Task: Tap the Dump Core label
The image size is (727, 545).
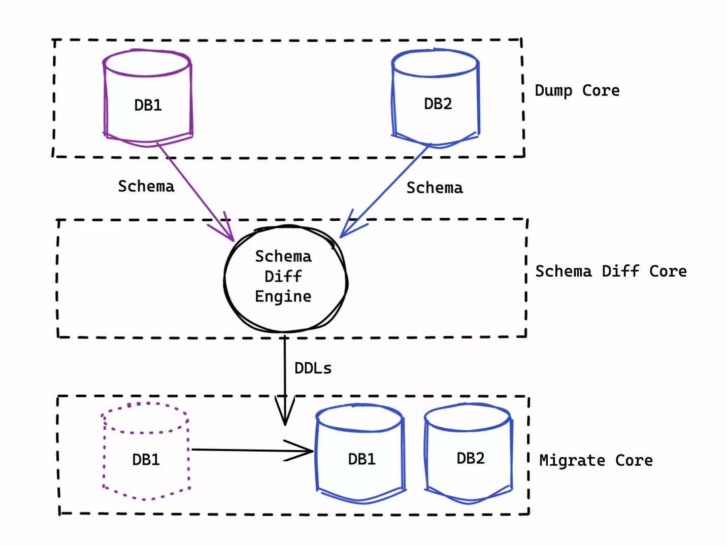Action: pyautogui.click(x=577, y=91)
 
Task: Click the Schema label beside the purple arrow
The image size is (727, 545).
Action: pyautogui.click(x=146, y=186)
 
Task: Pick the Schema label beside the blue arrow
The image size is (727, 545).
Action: pyautogui.click(x=435, y=188)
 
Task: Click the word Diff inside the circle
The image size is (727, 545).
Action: pyautogui.click(x=283, y=277)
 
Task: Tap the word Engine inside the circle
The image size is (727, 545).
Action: pyautogui.click(x=283, y=296)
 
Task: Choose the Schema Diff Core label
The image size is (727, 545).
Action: pyautogui.click(x=611, y=271)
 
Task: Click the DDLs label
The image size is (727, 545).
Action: pyautogui.click(x=313, y=368)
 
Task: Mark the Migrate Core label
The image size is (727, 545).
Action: pyautogui.click(x=596, y=460)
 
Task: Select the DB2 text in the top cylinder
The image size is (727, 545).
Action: pyautogui.click(x=438, y=104)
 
